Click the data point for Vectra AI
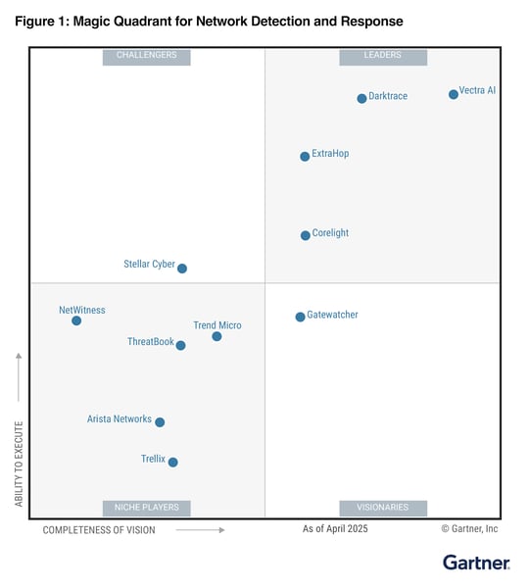click(x=453, y=94)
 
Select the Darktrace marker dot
click(x=361, y=98)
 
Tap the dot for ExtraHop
click(x=305, y=156)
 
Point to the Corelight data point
click(x=305, y=235)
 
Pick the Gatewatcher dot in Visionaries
click(x=300, y=317)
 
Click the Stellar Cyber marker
click(x=181, y=268)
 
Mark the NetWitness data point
click(x=76, y=320)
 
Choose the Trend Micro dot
click(x=217, y=336)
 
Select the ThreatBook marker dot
click(x=180, y=345)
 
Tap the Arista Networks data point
click(x=160, y=422)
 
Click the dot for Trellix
click(x=172, y=462)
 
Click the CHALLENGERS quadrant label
click(x=146, y=56)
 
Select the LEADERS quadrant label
click(x=382, y=56)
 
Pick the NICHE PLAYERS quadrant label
click(x=146, y=508)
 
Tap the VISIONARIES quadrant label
click(x=382, y=508)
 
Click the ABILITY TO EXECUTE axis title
click(x=19, y=465)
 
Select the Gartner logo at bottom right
click(x=476, y=563)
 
